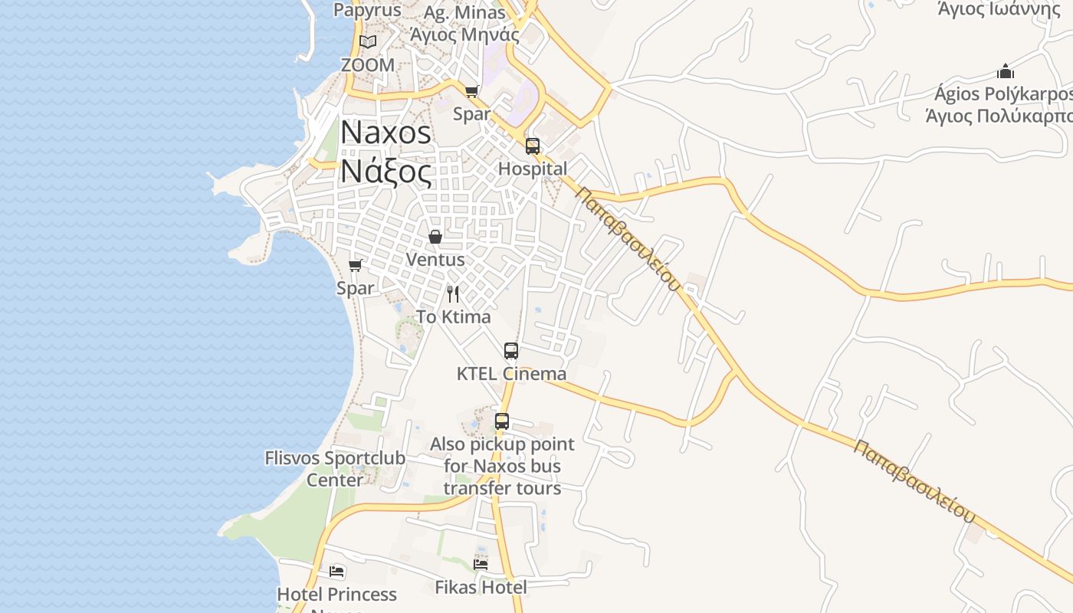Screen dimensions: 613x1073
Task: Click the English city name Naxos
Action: [x=386, y=133]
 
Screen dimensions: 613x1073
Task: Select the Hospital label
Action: [x=533, y=169]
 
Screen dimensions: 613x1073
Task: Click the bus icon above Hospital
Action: [x=533, y=146]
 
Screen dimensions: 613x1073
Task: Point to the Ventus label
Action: [x=435, y=260]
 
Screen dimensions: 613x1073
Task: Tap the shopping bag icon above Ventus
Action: [x=435, y=237]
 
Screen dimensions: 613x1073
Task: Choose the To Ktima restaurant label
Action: [x=454, y=316]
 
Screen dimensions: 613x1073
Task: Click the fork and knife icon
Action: [x=454, y=293]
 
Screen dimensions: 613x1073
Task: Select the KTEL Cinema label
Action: [x=511, y=374]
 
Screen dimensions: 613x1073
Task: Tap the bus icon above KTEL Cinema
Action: [x=511, y=351]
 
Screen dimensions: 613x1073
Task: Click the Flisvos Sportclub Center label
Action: [x=335, y=469]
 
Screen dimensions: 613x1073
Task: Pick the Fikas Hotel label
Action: [x=481, y=588]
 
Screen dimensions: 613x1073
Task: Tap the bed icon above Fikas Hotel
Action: [x=481, y=565]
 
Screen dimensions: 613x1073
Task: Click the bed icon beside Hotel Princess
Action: [x=336, y=572]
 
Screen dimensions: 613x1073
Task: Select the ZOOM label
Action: [x=368, y=65]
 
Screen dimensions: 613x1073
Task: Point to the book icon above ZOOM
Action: [x=368, y=41]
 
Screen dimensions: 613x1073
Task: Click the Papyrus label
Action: [x=367, y=10]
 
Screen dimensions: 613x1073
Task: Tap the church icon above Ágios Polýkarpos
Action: [x=1006, y=72]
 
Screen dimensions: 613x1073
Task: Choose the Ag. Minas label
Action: [x=464, y=13]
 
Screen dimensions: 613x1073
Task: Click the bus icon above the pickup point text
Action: [x=502, y=421]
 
